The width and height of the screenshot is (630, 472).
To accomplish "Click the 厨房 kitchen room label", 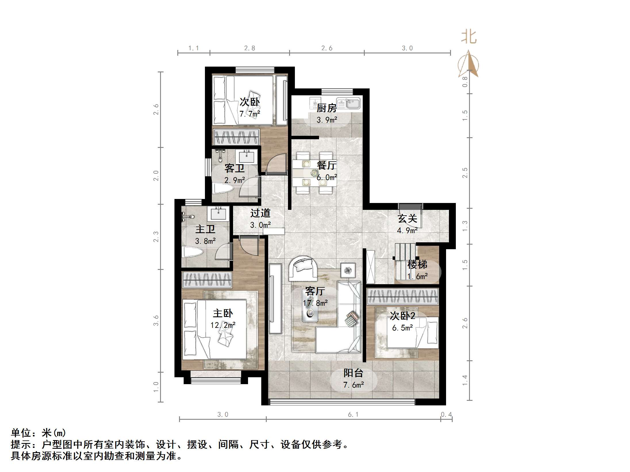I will tap(326, 108).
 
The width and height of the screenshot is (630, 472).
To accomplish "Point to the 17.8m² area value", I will tap(315, 303).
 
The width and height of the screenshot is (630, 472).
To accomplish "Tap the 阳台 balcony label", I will tap(353, 373).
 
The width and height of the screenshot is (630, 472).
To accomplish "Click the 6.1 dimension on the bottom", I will tap(353, 415).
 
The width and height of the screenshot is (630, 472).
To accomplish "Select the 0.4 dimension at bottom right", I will tap(446, 415).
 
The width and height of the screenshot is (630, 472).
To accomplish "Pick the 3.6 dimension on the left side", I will tap(156, 320).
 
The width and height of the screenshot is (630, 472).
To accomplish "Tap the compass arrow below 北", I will tap(470, 65).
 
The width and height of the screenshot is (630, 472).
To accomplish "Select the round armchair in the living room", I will tap(303, 269).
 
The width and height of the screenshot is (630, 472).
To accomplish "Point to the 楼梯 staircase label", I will tap(417, 264).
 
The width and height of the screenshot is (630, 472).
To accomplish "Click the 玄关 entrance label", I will tap(407, 219).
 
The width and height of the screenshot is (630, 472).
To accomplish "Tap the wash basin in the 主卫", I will tap(218, 214).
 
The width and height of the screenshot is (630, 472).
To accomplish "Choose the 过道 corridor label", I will tap(260, 213).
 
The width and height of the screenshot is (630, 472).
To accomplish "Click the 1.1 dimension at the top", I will tap(193, 48).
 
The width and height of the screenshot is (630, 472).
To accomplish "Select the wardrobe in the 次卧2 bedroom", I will tap(403, 297).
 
